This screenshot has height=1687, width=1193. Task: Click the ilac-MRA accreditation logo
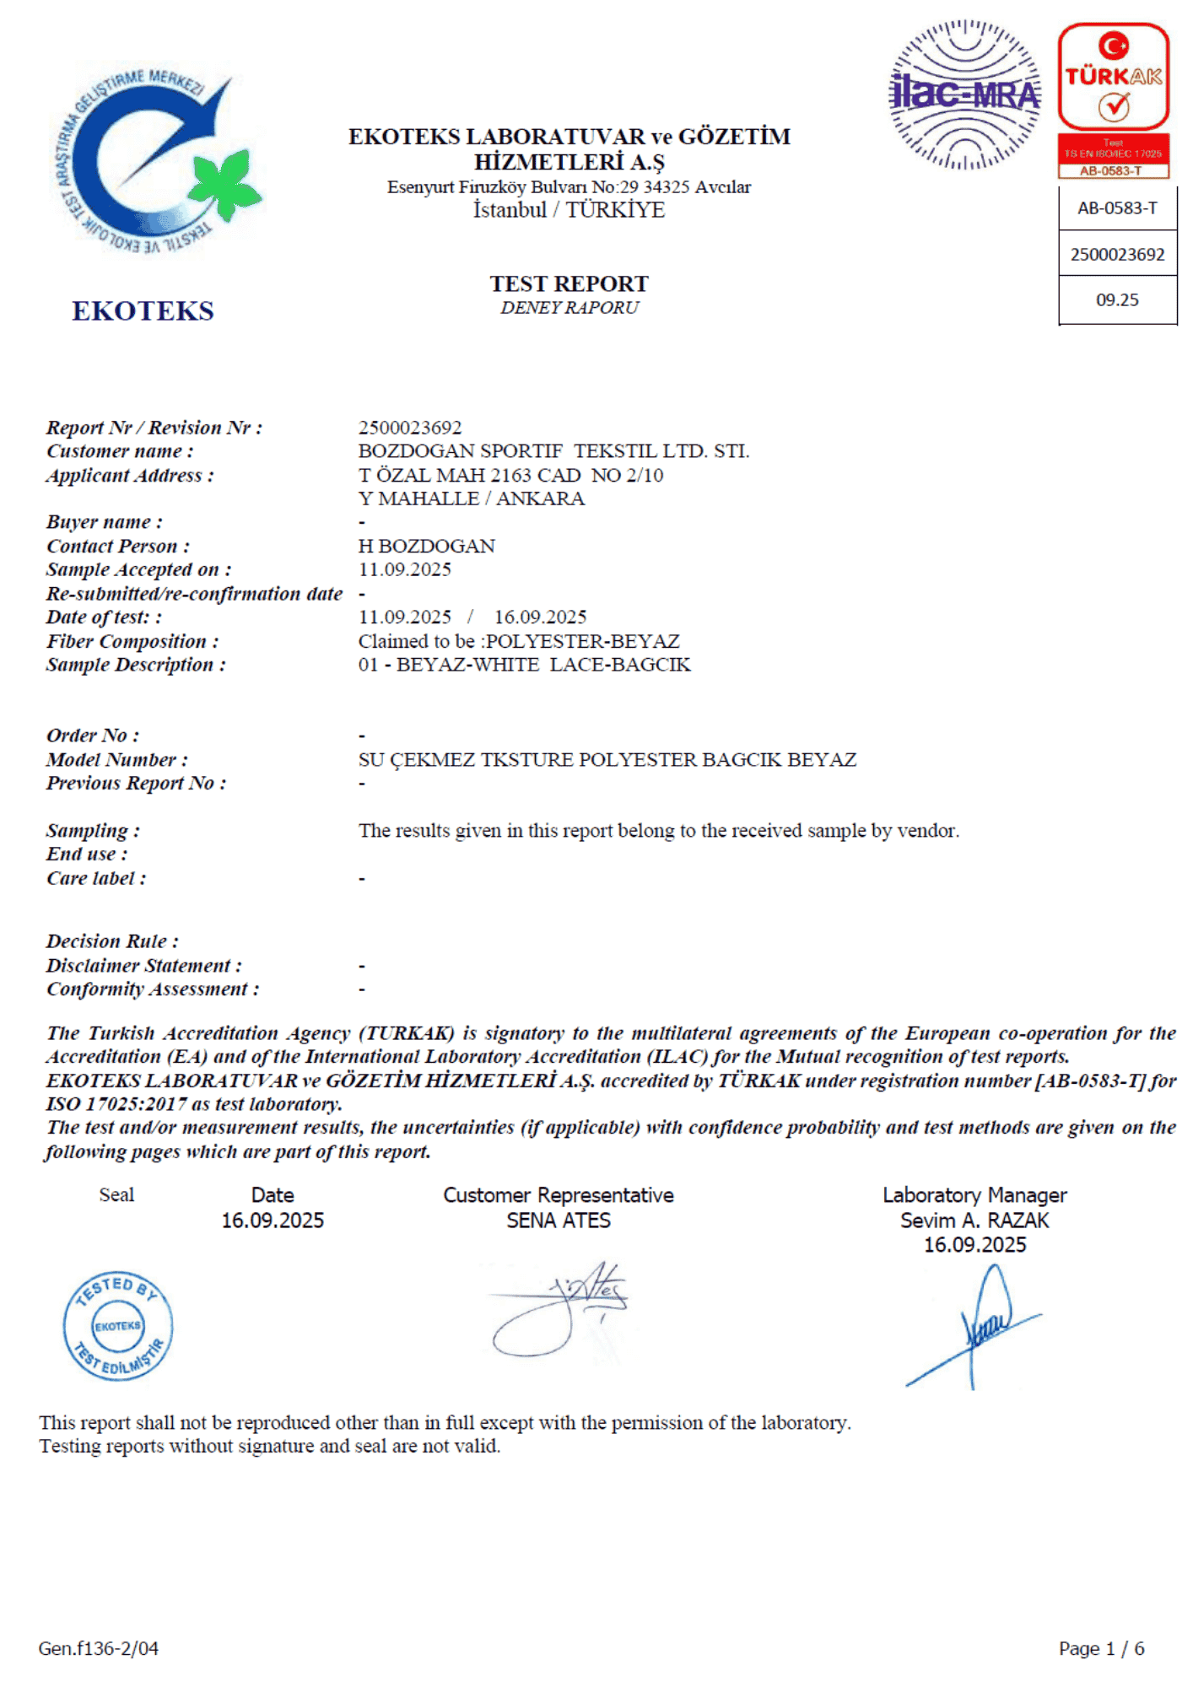965,94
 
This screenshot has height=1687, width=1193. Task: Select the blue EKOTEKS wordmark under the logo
143,311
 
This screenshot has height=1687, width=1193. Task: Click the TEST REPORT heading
570,283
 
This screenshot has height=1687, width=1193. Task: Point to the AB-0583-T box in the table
1117,208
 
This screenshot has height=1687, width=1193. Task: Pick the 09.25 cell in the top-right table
1117,300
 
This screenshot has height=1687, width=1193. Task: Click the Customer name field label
120,451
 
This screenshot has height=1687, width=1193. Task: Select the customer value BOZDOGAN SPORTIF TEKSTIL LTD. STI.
553,451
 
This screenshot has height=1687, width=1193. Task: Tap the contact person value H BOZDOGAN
427,546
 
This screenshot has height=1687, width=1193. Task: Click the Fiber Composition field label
132,641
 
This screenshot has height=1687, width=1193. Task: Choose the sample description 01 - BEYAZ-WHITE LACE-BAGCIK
524,665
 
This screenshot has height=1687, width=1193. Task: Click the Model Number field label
117,759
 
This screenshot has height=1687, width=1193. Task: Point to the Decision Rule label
112,941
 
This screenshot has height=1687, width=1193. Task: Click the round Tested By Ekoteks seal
118,1325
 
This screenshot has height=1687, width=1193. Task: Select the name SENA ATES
559,1221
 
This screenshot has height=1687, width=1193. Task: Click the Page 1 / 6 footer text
1101,1648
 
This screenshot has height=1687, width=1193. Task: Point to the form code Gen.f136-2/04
99,1648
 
